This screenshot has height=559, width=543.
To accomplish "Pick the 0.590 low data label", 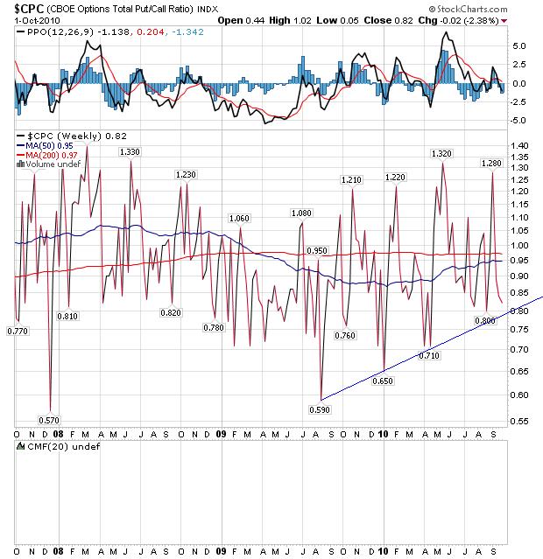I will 321,409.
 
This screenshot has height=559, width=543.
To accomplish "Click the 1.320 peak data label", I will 441,153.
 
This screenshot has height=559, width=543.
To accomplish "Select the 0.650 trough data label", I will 384,381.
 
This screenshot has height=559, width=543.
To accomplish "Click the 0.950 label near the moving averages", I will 317,250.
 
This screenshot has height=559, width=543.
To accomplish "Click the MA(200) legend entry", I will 43,155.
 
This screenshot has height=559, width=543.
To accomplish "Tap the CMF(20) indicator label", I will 43,447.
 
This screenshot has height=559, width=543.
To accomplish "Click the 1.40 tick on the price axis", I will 522,145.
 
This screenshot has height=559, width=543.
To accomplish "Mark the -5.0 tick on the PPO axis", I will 520,121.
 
